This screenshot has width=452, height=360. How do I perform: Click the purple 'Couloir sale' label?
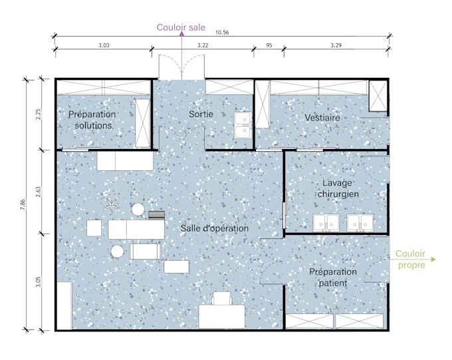181,27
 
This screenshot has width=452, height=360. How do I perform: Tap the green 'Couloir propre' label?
411,260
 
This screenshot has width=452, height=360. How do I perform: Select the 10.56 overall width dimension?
222,33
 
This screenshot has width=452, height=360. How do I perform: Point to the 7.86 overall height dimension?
23,205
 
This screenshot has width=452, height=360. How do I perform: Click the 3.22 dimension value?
203,45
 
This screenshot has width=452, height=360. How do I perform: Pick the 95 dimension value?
269,45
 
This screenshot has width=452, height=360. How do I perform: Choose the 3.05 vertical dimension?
39,282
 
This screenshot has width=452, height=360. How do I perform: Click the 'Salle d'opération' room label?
215,228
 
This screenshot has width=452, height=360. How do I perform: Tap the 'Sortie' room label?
201,114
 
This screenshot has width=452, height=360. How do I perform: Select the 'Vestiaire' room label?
322,118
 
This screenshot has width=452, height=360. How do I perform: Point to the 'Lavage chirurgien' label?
338,188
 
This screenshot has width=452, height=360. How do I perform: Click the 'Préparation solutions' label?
92,120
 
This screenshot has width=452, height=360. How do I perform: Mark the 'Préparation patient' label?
333,277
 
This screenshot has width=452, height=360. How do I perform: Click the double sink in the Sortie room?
243,125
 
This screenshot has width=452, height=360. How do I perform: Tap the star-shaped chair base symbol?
111,205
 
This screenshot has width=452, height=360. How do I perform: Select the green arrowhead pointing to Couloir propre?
433,260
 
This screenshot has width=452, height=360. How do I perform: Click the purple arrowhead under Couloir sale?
182,33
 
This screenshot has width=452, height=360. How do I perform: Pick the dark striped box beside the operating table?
156,216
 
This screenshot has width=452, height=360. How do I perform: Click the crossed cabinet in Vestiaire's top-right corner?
378,96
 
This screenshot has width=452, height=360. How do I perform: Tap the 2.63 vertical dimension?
39,192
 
